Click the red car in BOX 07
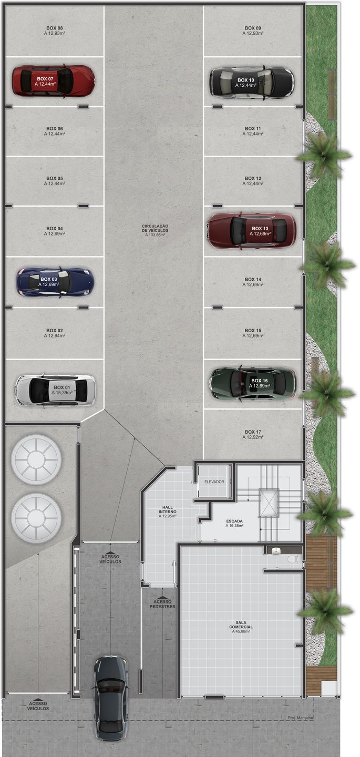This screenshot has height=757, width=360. click(x=53, y=81)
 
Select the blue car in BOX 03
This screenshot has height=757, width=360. click(x=55, y=282)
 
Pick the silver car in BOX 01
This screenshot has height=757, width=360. click(x=55, y=390)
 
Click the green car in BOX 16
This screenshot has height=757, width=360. click(x=253, y=383)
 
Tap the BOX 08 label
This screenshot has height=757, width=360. click(x=55, y=28)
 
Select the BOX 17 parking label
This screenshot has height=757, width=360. click(x=253, y=432)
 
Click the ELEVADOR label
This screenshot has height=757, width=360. click(x=214, y=482)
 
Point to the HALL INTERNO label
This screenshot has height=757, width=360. click(x=168, y=509)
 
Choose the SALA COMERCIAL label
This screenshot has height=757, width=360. click(x=241, y=625)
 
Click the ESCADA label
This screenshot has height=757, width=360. click(x=234, y=521)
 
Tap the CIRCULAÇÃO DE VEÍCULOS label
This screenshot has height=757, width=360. click(x=155, y=228)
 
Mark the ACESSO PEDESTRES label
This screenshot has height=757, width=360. click(x=162, y=604)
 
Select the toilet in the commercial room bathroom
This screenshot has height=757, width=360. click(x=292, y=559)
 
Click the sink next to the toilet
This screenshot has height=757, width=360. click(x=276, y=551)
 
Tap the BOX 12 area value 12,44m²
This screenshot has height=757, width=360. click(x=253, y=183)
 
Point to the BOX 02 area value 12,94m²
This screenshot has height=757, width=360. click(x=55, y=335)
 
